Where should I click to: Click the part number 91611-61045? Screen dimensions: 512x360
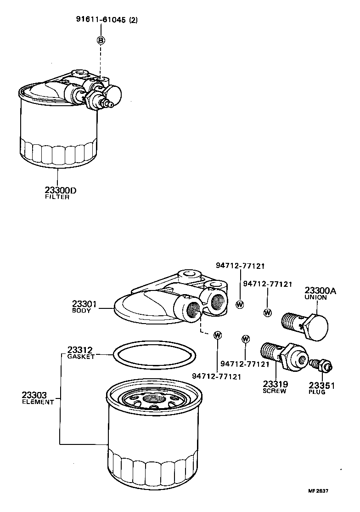[101, 20]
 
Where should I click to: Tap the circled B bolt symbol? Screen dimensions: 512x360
[101, 40]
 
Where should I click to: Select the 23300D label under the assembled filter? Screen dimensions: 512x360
[58, 190]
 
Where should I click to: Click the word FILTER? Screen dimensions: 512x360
[57, 197]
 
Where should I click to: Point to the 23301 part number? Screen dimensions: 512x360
[84, 304]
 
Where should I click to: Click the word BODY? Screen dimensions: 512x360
[82, 311]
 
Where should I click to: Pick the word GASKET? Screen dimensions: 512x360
[81, 357]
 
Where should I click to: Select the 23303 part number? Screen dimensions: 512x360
[34, 395]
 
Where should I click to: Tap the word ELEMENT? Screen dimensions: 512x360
[38, 402]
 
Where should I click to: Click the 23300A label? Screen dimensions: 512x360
[321, 290]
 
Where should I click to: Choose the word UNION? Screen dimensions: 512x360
[316, 297]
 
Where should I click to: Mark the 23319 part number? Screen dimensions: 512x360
[275, 384]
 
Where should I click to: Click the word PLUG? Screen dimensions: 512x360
[317, 392]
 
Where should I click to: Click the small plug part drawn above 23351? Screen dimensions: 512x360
[322, 366]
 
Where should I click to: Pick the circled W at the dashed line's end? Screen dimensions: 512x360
[218, 335]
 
